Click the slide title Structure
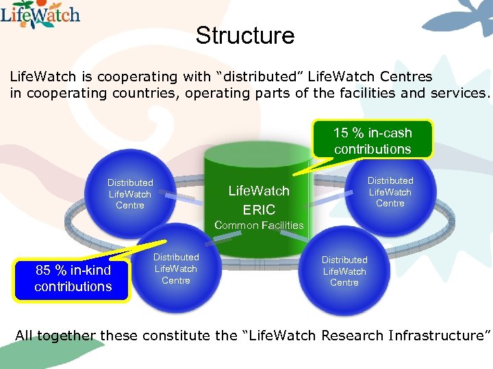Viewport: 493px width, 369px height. [244, 36]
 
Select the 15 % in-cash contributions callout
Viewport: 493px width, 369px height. [372, 140]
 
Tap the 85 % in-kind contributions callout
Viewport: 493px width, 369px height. [73, 279]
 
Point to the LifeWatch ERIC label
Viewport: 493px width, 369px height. [259, 200]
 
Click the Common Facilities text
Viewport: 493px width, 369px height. [259, 225]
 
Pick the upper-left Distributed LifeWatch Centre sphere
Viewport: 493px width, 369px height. [130, 194]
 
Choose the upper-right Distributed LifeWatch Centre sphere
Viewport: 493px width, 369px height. [390, 192]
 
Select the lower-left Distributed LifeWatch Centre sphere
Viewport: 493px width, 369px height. [175, 269]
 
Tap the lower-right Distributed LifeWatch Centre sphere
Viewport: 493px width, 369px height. [344, 271]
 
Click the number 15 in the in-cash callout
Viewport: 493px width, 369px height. [340, 133]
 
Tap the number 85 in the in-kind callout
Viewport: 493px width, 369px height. [43, 271]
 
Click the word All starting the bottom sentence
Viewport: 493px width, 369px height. [24, 336]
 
